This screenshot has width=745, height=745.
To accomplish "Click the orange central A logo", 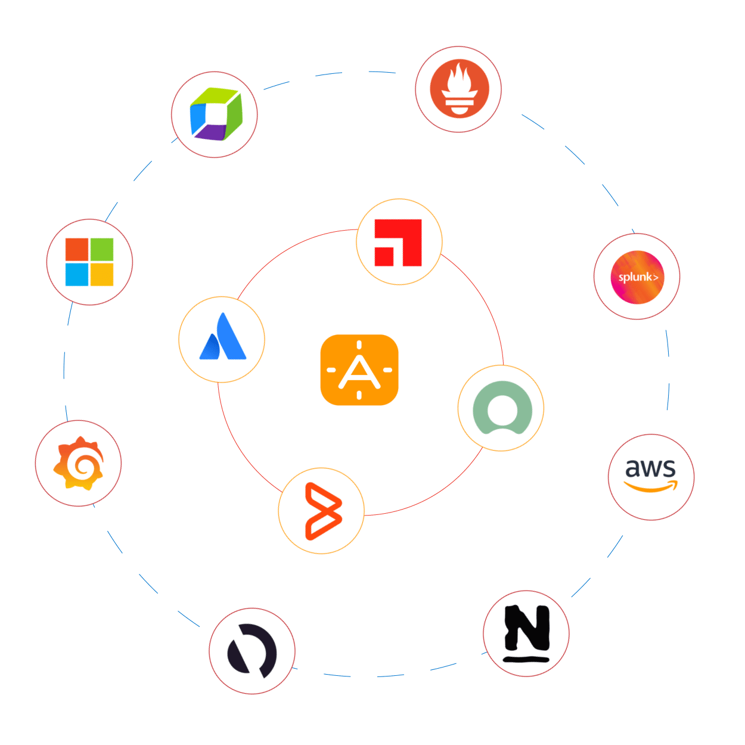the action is [x=359, y=370].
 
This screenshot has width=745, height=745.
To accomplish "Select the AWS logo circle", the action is [x=651, y=477].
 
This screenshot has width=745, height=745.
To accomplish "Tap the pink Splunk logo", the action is [x=637, y=277].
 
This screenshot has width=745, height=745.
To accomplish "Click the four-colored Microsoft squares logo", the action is [x=89, y=262].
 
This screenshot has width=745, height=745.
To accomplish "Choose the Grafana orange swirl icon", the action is [x=78, y=463].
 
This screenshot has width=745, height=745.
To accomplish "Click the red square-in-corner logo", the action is [x=398, y=243].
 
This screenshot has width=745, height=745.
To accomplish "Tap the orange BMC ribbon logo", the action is [x=322, y=511].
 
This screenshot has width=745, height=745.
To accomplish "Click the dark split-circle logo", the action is [x=252, y=651].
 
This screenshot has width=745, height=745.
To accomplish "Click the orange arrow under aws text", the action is [x=651, y=488].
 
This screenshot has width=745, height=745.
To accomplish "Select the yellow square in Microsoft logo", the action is [x=102, y=275].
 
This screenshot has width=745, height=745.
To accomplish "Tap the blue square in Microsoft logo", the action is [x=77, y=275].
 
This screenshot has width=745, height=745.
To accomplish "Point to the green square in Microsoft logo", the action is [x=102, y=250].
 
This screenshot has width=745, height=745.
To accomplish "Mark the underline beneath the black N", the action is [x=526, y=659].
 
